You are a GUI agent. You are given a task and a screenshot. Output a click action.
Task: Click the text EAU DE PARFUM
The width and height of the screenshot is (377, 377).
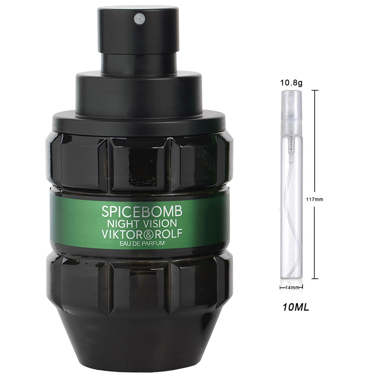tap(142, 243)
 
